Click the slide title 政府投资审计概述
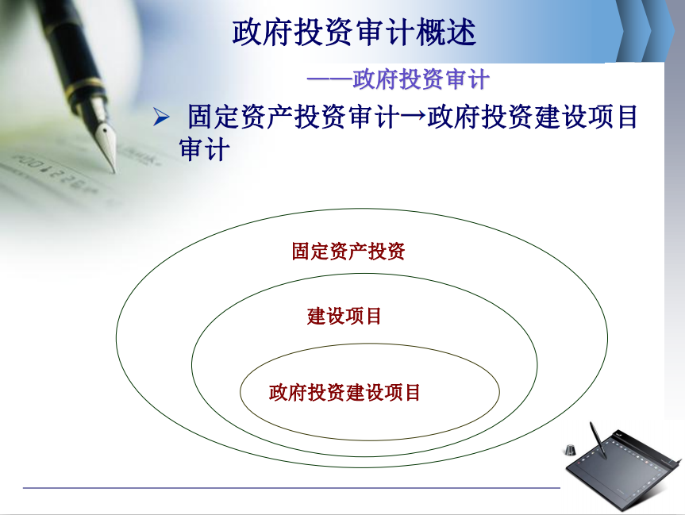point(354,33)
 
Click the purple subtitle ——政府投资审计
point(398,79)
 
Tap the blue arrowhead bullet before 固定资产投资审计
point(161,117)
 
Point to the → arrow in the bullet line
point(414,115)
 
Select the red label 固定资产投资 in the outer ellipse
point(348,252)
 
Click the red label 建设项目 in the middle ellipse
point(344,316)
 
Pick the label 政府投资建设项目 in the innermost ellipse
point(344,392)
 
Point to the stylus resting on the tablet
point(598,440)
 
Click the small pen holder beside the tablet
point(570,449)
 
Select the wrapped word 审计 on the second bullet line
point(204,149)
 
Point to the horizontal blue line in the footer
point(291,488)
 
